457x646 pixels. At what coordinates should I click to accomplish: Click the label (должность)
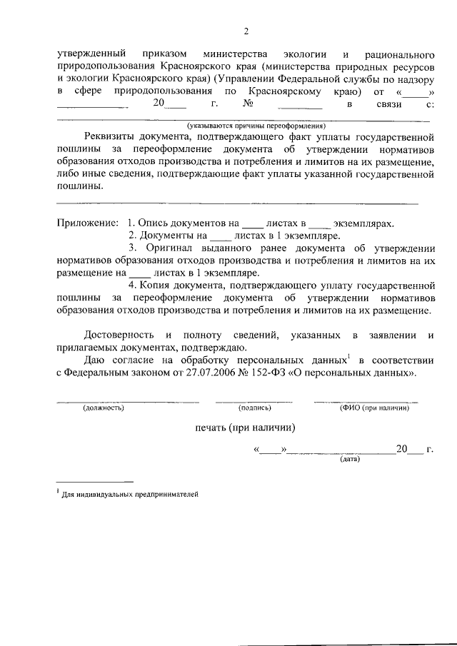(x=104, y=408)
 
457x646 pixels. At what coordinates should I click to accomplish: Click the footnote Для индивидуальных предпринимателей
(x=129, y=494)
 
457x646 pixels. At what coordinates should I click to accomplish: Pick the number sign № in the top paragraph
(x=250, y=104)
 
